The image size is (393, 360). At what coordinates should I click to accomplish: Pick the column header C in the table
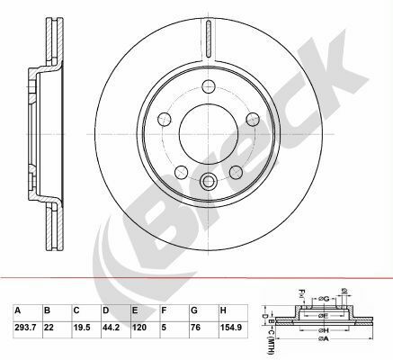pyautogui.click(x=76, y=310)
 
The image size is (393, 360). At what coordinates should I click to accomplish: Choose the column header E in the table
pyautogui.click(x=134, y=310)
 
